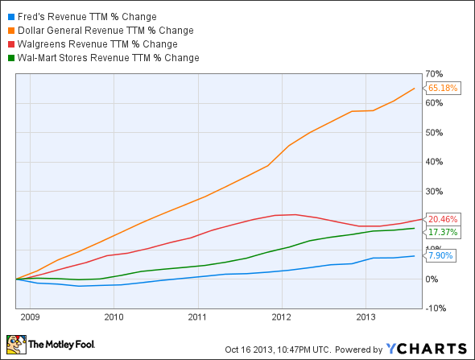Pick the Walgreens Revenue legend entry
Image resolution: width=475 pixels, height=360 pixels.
[x=97, y=43]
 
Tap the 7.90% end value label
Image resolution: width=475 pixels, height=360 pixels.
[x=442, y=256]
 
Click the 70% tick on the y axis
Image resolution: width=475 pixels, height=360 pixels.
[x=435, y=74]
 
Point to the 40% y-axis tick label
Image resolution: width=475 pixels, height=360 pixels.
[x=435, y=162]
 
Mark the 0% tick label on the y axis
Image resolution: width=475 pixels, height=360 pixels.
[x=432, y=279]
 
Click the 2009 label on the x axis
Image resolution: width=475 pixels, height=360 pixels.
[x=28, y=317]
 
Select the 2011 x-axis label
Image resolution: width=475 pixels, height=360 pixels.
[x=197, y=317]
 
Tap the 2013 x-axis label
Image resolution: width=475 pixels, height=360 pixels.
[x=366, y=317]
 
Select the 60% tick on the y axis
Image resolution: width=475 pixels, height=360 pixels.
[x=435, y=103]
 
